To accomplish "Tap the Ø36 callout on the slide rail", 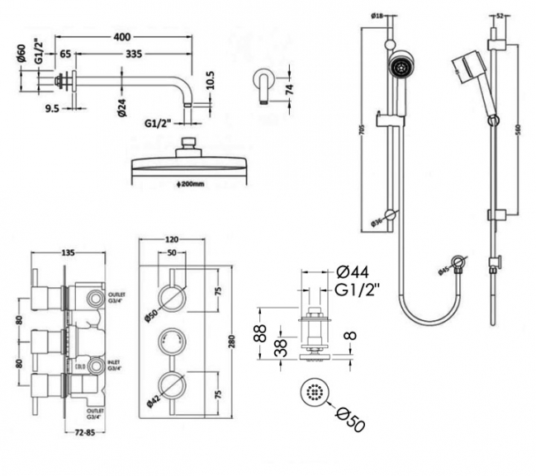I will [x=377, y=221].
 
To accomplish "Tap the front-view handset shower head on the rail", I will [x=401, y=65].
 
